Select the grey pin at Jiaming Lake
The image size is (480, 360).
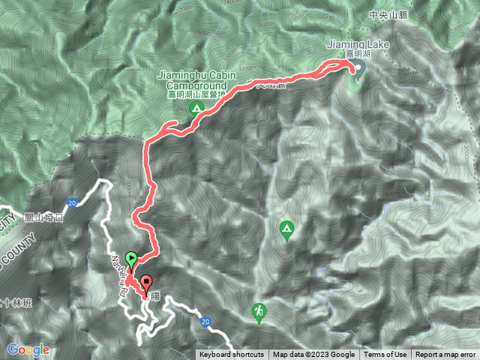click(357, 70)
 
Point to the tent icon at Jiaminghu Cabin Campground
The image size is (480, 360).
click(196, 109)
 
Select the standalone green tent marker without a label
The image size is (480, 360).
click(286, 227)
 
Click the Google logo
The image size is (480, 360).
click(28, 349)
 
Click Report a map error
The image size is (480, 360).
click(445, 355)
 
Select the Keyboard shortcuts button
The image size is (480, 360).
click(231, 355)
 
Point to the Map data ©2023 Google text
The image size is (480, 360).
click(314, 355)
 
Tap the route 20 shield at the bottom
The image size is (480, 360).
click(205, 321)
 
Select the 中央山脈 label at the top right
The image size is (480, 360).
click(387, 14)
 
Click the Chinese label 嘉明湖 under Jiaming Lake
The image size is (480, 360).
click(358, 55)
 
